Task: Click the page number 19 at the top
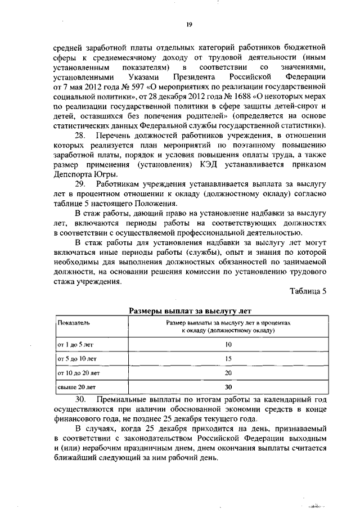click(x=190, y=23)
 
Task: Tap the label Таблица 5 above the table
click(x=308, y=291)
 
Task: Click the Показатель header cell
click(x=74, y=323)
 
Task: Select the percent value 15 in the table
click(x=228, y=358)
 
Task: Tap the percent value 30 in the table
click(x=228, y=387)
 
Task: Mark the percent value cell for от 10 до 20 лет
click(x=228, y=372)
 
